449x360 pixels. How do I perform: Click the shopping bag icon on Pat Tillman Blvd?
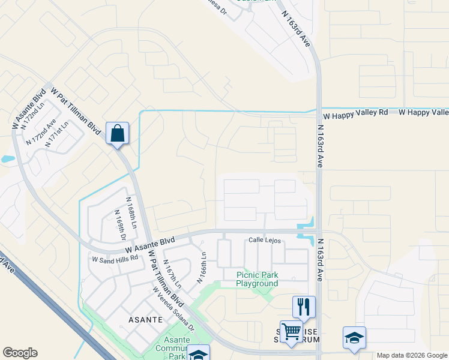click(118, 133)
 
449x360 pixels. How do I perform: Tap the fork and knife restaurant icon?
click(304, 307)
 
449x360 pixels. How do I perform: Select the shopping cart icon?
click(291, 331)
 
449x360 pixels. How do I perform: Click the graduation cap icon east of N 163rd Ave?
click(354, 338)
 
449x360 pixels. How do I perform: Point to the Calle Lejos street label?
click(265, 241)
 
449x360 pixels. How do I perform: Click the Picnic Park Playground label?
click(257, 279)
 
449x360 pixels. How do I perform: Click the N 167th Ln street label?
click(172, 273)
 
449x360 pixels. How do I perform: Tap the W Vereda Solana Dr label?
click(173, 309)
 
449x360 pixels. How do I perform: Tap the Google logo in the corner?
click(20, 353)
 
